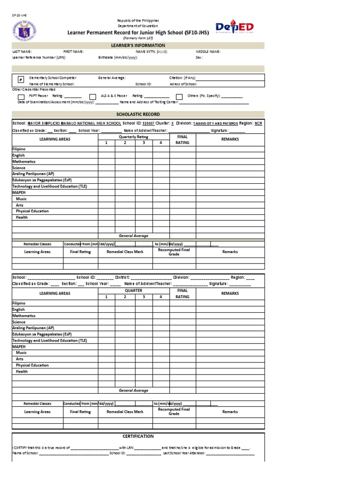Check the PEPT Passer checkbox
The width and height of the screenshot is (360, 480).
[21, 97]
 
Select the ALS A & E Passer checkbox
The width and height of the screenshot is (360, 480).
[93, 97]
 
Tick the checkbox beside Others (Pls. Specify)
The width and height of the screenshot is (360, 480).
[179, 97]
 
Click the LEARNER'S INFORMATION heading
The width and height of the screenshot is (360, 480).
[138, 45]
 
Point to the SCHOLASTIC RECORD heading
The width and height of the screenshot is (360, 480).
[138, 114]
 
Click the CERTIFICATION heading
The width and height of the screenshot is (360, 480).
[138, 436]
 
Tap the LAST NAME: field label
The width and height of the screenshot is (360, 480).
[22, 52]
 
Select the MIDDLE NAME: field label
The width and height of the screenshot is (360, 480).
[208, 52]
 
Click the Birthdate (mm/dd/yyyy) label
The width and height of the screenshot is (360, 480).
[118, 58]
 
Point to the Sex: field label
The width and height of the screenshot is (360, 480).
[199, 58]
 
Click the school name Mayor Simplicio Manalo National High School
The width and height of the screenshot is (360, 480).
[75, 123]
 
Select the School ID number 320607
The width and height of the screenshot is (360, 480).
[148, 123]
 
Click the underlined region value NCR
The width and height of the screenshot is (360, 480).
[258, 123]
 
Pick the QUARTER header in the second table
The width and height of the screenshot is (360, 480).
[133, 291]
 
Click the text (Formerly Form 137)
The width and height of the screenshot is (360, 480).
[138, 38]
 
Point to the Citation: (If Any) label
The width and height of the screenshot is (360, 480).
[182, 78]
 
